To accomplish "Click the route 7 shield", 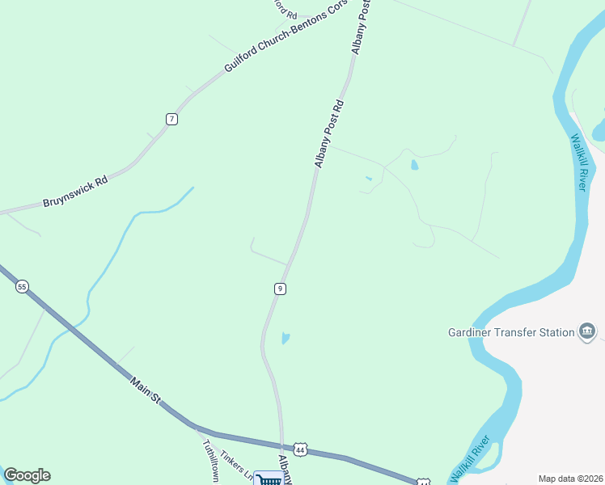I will (171, 119).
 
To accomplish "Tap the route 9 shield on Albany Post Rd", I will (279, 289).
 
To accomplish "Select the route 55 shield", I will (22, 286).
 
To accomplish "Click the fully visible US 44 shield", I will (300, 449).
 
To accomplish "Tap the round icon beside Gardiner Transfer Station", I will (588, 331).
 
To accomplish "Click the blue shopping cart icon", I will (269, 479).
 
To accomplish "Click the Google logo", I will (27, 475).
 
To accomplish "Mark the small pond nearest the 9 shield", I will (286, 338).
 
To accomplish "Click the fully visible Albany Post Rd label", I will (329, 133).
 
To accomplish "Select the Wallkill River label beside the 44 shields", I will (470, 458).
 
